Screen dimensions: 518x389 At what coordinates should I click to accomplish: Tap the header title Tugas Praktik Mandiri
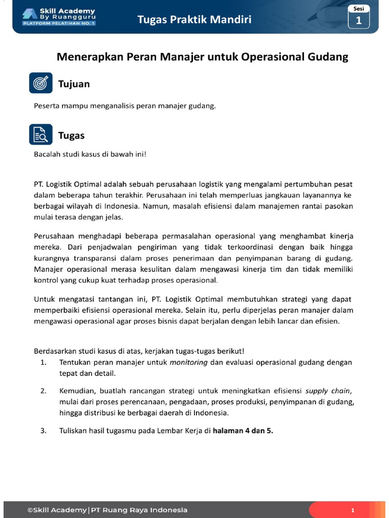coord(194,20)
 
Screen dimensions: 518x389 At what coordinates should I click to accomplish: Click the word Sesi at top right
coord(359,9)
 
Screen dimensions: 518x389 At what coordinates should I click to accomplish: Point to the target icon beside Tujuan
coord(41,83)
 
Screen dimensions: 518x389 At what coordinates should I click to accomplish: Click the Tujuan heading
coord(74,84)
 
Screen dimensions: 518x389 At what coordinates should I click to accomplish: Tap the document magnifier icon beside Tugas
coord(41,135)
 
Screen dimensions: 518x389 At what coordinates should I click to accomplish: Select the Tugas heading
coord(71,136)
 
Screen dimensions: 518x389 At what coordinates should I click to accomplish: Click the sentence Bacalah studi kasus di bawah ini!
coord(90,154)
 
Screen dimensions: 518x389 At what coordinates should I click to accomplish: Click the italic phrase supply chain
coord(328,391)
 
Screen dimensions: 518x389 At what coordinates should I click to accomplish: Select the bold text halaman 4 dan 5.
coord(243,431)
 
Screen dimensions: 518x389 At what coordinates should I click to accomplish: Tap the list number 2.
coord(44,391)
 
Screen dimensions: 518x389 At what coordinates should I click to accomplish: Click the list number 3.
coord(44,431)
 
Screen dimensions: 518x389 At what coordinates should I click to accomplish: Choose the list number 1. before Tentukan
coord(44,362)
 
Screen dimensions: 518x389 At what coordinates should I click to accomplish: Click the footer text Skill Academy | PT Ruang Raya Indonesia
coord(107,510)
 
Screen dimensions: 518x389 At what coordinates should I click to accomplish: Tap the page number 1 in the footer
coord(353,510)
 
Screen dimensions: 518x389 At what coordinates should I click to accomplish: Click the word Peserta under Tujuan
coord(47,106)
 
